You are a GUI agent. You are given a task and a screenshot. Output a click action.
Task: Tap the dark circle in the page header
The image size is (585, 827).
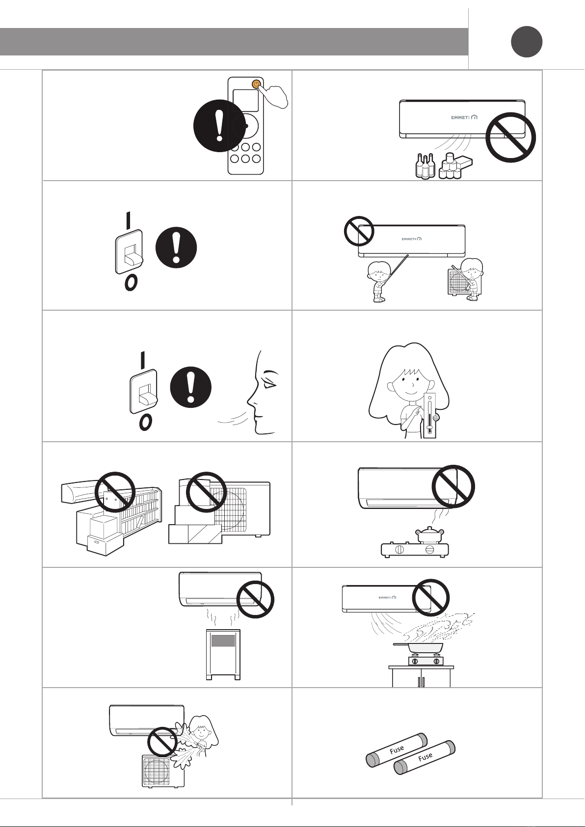(527, 42)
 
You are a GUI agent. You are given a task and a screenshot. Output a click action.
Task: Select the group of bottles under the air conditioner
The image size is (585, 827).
(425, 166)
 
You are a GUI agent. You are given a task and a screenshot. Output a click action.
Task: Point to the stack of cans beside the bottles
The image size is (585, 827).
(450, 166)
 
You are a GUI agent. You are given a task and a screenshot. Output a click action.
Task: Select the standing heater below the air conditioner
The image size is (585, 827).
(223, 655)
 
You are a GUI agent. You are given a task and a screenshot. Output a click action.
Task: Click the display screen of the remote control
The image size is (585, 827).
(245, 100)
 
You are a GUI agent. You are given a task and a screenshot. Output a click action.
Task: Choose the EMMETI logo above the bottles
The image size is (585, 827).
(464, 117)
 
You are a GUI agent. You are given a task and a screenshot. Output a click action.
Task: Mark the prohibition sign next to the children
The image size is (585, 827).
(359, 232)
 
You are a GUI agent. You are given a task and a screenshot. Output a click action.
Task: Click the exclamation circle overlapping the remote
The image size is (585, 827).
(219, 126)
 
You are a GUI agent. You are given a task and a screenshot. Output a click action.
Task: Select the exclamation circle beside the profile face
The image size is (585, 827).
(191, 387)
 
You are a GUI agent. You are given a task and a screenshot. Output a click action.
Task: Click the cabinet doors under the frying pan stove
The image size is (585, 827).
(421, 678)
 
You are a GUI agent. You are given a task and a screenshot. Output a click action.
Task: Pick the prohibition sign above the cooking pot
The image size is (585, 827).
(453, 486)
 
